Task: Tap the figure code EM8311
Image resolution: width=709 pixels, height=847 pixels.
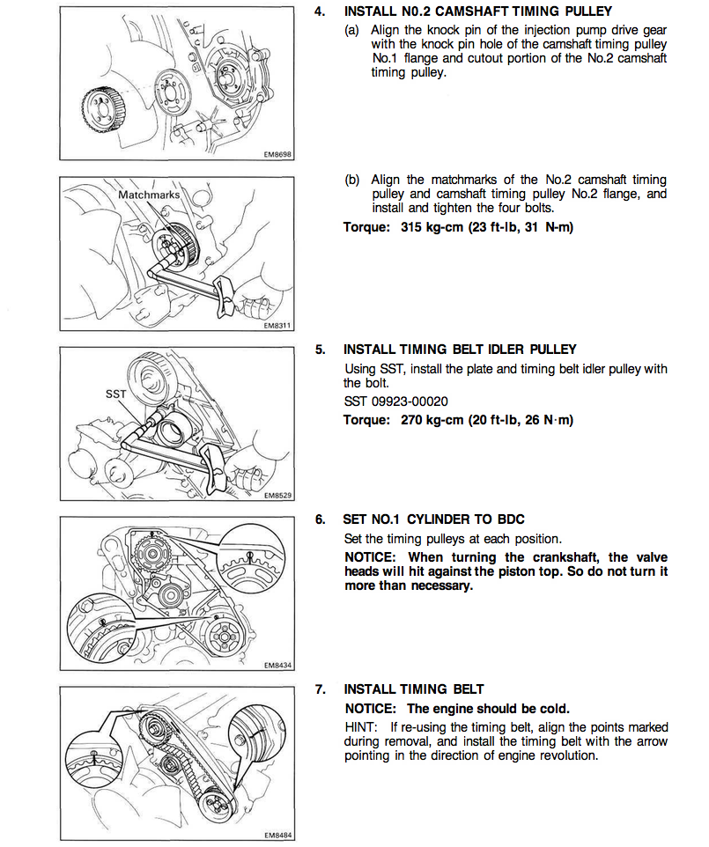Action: [277, 324]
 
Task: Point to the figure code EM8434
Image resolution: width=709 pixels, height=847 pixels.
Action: [277, 666]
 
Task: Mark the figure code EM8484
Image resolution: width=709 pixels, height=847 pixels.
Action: [277, 835]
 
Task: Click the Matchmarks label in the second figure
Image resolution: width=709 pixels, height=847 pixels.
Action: [149, 193]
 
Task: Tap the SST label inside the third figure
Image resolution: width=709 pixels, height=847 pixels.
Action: [116, 394]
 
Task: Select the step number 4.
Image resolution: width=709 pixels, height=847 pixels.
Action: [320, 12]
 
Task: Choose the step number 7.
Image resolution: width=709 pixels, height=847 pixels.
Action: [320, 689]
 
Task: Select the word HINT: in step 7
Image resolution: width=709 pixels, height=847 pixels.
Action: [360, 728]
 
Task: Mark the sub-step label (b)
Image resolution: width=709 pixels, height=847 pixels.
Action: [352, 180]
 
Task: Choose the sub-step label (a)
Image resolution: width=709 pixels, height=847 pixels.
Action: [352, 30]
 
